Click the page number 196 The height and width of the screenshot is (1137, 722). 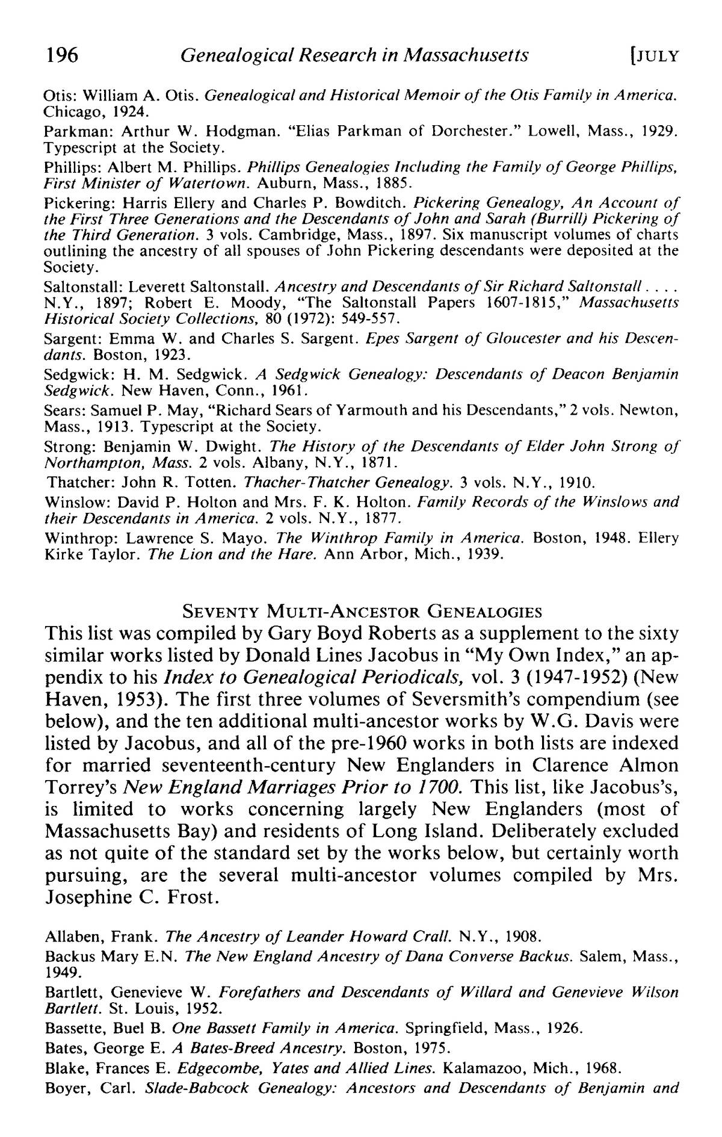(62, 55)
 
